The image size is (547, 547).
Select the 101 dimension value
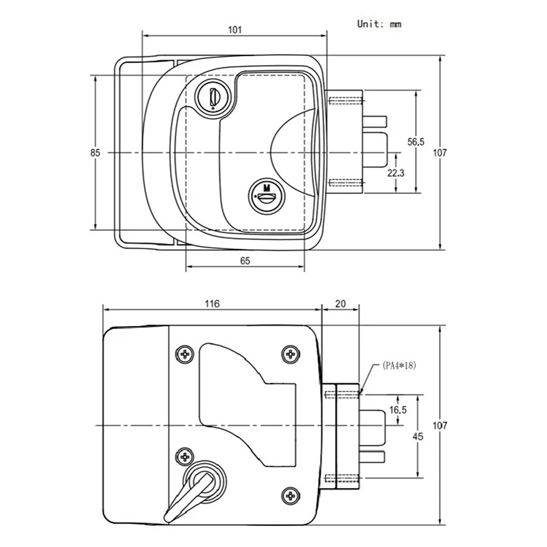(x=234, y=30)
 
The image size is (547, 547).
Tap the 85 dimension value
(x=95, y=153)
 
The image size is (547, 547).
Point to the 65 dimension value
(x=245, y=261)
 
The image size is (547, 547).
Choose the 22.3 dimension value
(x=396, y=173)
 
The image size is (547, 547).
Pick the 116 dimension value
(x=211, y=304)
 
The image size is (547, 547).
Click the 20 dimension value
(x=340, y=304)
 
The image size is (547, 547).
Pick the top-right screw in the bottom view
(x=291, y=353)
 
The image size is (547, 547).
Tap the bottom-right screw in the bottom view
(x=291, y=494)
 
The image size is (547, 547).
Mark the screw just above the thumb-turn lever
(x=183, y=456)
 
